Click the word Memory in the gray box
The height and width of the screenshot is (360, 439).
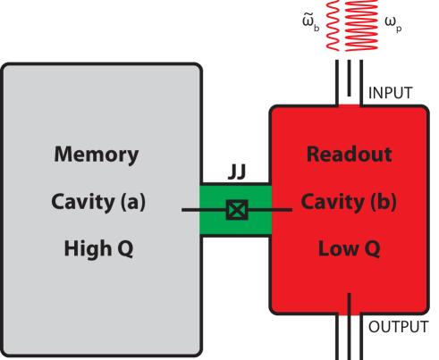tap(97, 155)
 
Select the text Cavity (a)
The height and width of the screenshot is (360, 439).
tap(97, 202)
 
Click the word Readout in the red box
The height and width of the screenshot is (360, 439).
tap(349, 155)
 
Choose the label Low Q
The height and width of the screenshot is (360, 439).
tap(349, 249)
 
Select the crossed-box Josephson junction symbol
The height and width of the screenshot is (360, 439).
tap(235, 211)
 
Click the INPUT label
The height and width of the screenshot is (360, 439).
tap(392, 93)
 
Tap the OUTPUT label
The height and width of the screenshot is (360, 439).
tap(398, 327)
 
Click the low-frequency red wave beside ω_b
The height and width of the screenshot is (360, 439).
tap(338, 27)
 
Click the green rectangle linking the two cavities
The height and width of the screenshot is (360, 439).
tap(215, 223)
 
